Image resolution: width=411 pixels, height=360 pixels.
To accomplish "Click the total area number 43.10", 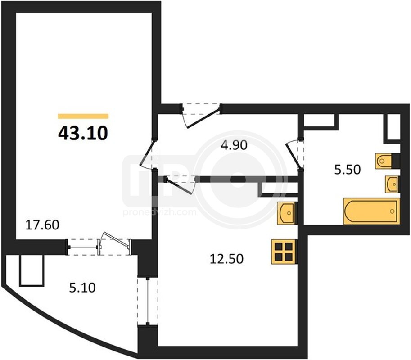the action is point(83,133).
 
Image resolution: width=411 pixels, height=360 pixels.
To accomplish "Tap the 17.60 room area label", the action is point(42,225).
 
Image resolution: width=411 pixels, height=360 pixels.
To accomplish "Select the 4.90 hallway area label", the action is point(234,145).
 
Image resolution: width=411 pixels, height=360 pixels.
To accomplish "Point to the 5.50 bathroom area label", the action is point(348,170).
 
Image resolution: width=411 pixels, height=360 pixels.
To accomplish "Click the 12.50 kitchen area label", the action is point(227,259).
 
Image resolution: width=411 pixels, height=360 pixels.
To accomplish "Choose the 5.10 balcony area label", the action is point(82,288).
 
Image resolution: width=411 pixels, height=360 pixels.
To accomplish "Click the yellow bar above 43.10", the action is point(83,117).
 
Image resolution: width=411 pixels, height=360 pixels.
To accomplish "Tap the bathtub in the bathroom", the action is point(372,211).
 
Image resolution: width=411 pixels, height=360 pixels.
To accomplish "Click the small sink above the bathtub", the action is point(392,184).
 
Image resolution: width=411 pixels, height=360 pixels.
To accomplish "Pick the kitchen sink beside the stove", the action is point(287,213).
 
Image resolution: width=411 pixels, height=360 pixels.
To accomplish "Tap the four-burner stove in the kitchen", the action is point(284,252).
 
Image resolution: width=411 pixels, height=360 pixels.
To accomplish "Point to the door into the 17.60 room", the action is point(150,154).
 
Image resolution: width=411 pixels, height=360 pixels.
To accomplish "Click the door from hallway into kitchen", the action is point(181,185).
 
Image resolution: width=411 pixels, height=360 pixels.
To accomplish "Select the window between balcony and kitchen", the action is point(148,302).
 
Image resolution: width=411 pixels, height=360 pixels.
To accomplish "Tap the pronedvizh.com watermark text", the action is point(159,211).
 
